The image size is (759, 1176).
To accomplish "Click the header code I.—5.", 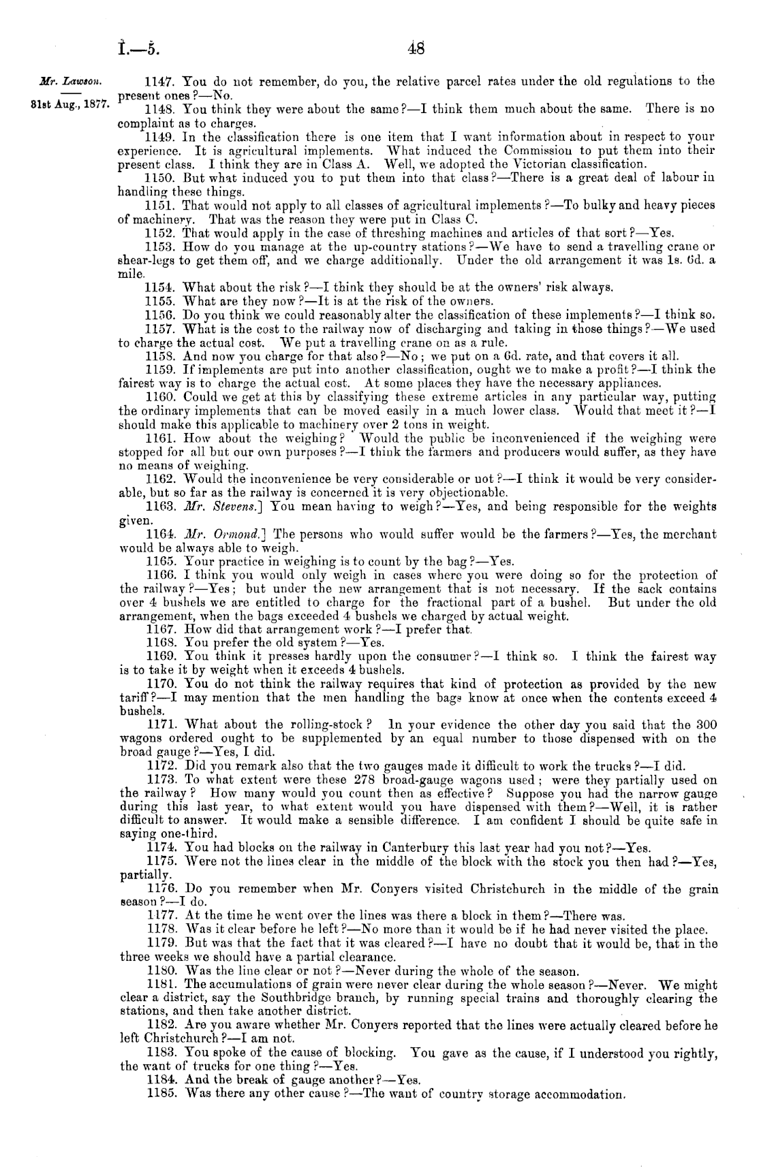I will tap(138, 49).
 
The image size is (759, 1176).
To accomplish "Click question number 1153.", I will tap(161, 249).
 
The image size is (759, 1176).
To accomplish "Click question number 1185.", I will tap(161, 1095).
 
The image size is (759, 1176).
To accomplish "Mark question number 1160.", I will tap(161, 397).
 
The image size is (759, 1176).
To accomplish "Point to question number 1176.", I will tap(161, 889).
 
